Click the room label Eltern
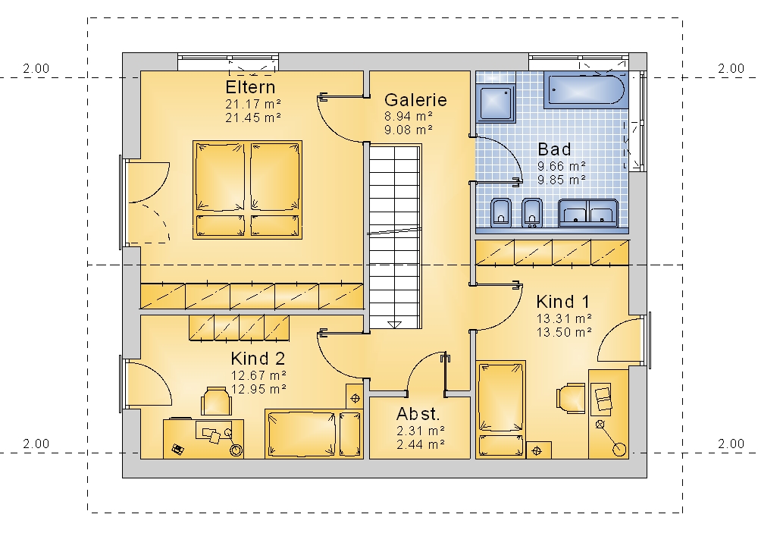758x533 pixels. tap(250, 87)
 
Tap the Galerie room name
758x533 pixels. tap(415, 99)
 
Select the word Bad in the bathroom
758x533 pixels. tap(554, 149)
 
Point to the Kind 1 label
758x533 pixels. tap(562, 302)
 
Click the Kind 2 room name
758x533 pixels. tap(258, 359)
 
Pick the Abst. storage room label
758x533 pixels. tap(418, 414)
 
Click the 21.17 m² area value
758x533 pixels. tap(253, 104)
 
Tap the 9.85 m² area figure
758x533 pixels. tap(562, 180)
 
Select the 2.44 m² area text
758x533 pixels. tap(421, 444)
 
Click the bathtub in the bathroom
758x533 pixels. tap(586, 89)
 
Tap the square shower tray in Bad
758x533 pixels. tap(495, 102)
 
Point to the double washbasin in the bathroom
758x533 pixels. tap(588, 213)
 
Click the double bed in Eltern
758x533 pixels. tap(248, 190)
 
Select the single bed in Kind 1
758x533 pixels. tap(501, 409)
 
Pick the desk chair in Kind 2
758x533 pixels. tap(215, 400)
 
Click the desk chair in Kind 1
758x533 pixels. tap(571, 398)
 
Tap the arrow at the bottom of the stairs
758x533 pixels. tap(394, 325)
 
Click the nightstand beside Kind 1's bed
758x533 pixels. tap(538, 450)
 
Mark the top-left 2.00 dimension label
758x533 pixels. tap(36, 68)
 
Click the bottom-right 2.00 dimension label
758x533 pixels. tap(731, 444)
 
